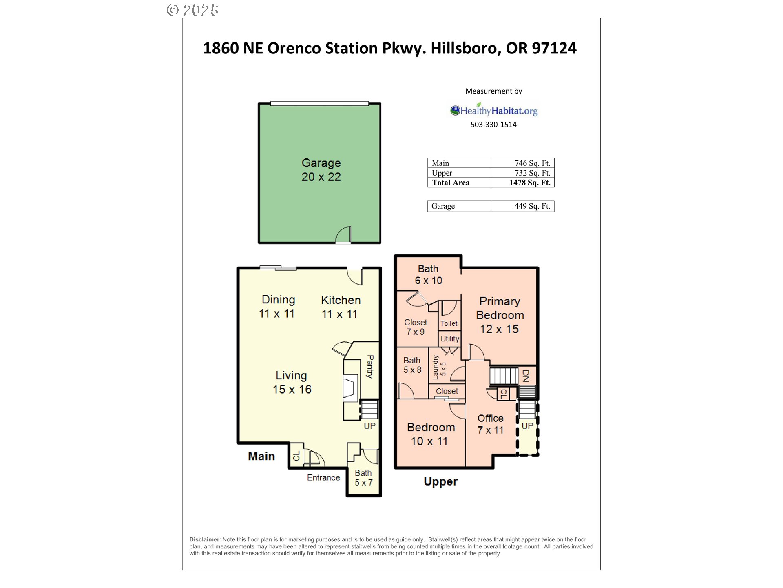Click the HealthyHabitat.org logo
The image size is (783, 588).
[494, 110]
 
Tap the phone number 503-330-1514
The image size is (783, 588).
[493, 125]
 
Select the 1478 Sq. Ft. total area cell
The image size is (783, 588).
[529, 183]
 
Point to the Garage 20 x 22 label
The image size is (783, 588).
[321, 170]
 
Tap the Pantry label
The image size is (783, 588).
[370, 366]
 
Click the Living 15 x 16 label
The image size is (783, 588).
[292, 382]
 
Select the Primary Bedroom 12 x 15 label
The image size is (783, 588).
[500, 315]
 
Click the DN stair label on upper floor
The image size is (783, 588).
[526, 376]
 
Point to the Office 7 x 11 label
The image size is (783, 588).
[490, 424]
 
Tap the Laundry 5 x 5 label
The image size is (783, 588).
[439, 367]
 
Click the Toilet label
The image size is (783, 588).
[449, 323]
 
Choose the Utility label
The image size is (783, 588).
[449, 339]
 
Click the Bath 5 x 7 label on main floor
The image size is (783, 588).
[363, 477]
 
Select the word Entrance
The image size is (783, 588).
[323, 477]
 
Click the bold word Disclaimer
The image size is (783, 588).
[205, 539]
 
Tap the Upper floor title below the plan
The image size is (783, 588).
[440, 481]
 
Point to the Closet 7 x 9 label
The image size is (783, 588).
[416, 327]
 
